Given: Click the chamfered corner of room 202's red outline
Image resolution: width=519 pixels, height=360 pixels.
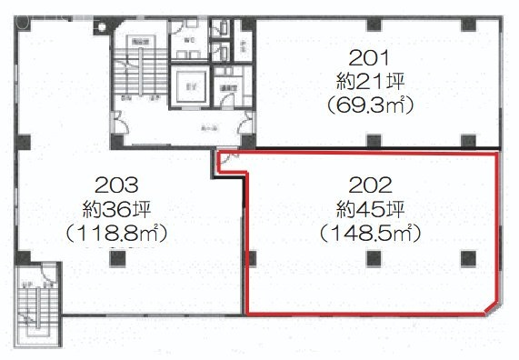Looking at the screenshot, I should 491,303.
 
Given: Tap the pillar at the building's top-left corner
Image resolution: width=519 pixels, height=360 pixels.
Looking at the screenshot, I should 23,21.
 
